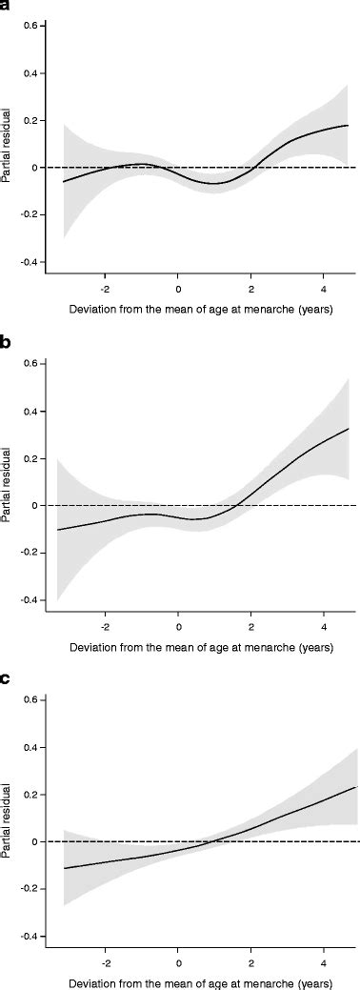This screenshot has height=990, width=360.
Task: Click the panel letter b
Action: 7,344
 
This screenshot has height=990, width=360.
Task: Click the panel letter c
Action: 6,680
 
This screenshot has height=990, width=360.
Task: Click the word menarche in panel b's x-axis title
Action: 284,648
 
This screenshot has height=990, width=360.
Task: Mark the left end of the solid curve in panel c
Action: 65,868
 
